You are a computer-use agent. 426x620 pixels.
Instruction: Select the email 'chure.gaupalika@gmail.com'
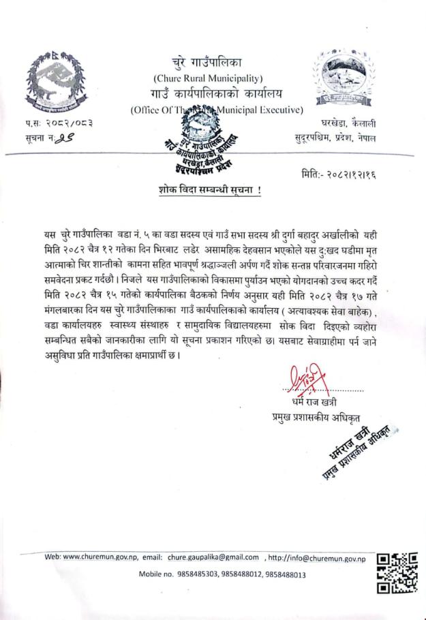213,557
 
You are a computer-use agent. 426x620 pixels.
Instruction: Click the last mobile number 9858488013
284,574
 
